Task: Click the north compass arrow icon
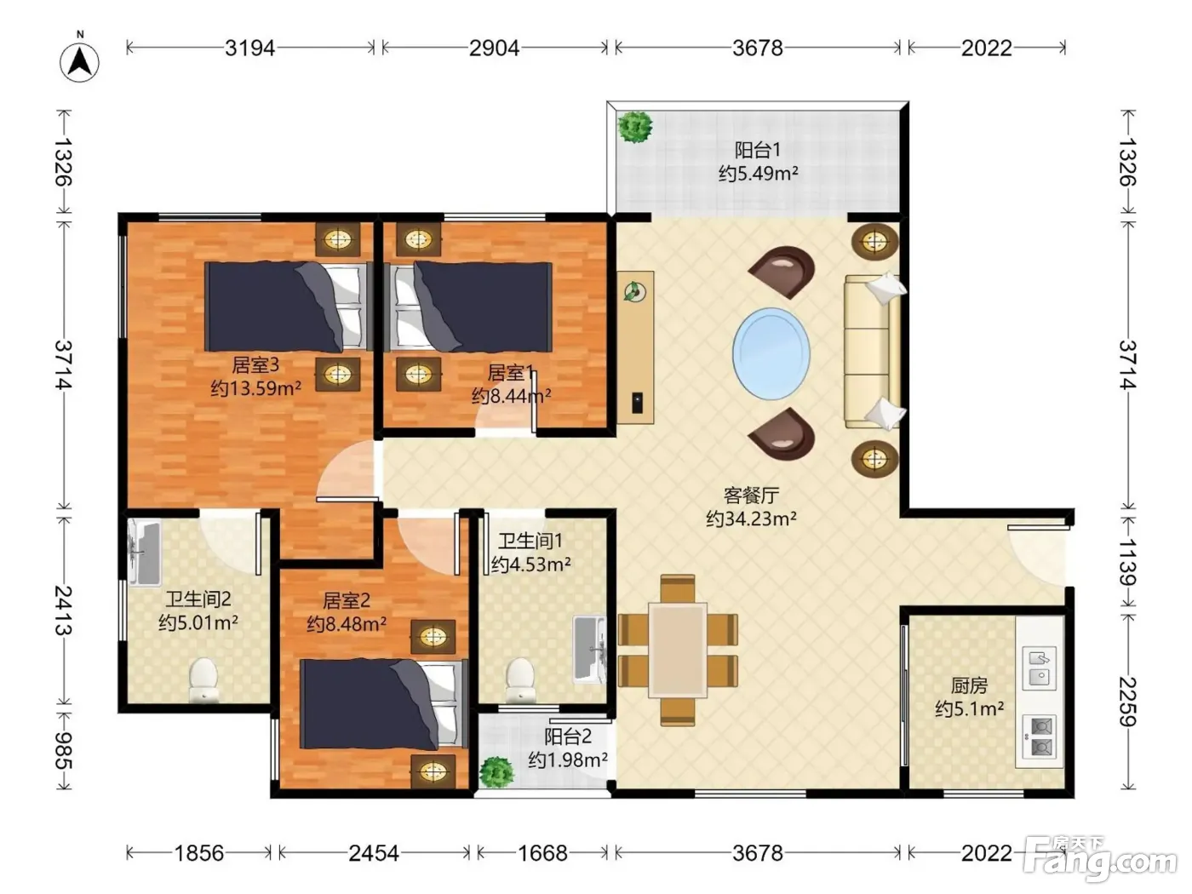[x=79, y=62]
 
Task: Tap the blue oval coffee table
[x=771, y=354]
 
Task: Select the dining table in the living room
[x=678, y=650]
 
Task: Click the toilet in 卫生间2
[x=203, y=679]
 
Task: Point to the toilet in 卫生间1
[x=519, y=680]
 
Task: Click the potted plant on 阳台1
[x=635, y=127]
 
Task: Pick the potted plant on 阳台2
[x=496, y=771]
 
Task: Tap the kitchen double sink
[x=1040, y=668]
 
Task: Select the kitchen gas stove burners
[x=1040, y=736]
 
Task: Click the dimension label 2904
[x=494, y=49]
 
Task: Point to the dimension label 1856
[x=198, y=854]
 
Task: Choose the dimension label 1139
[x=1127, y=562]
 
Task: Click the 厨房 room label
[x=969, y=686]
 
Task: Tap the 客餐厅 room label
[x=751, y=495]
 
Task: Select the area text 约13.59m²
[x=255, y=388]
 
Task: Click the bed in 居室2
[x=385, y=704]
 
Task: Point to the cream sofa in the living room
[x=873, y=351]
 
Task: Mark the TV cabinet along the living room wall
[x=635, y=347]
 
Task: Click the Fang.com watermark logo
[x=1099, y=860]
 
